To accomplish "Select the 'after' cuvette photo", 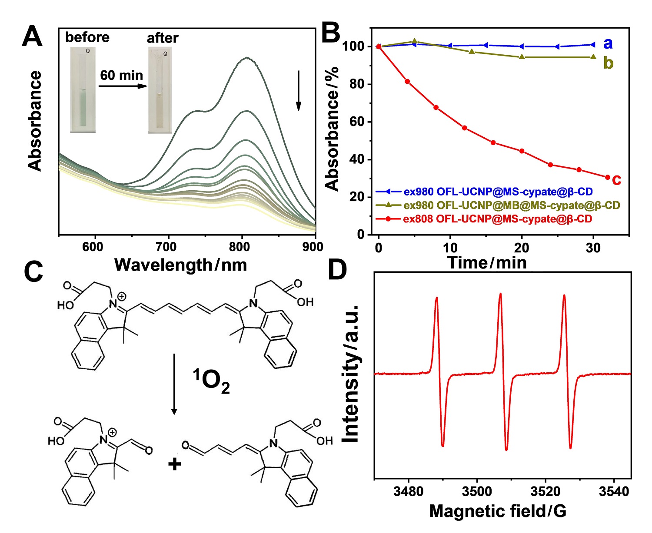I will pyautogui.click(x=160, y=90).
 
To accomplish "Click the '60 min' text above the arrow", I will pyautogui.click(x=121, y=75).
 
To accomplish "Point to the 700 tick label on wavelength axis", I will pyautogui.click(x=166, y=247).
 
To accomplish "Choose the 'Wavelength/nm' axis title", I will pyautogui.click(x=180, y=265).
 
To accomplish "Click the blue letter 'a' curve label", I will pyautogui.click(x=608, y=43).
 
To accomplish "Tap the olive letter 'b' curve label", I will pyautogui.click(x=608, y=63).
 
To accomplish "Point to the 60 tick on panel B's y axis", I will pyautogui.click(x=357, y=122).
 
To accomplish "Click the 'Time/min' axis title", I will pyautogui.click(x=487, y=263).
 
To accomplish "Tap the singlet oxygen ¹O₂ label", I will pyautogui.click(x=211, y=381).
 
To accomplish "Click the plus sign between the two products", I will pyautogui.click(x=175, y=464).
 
